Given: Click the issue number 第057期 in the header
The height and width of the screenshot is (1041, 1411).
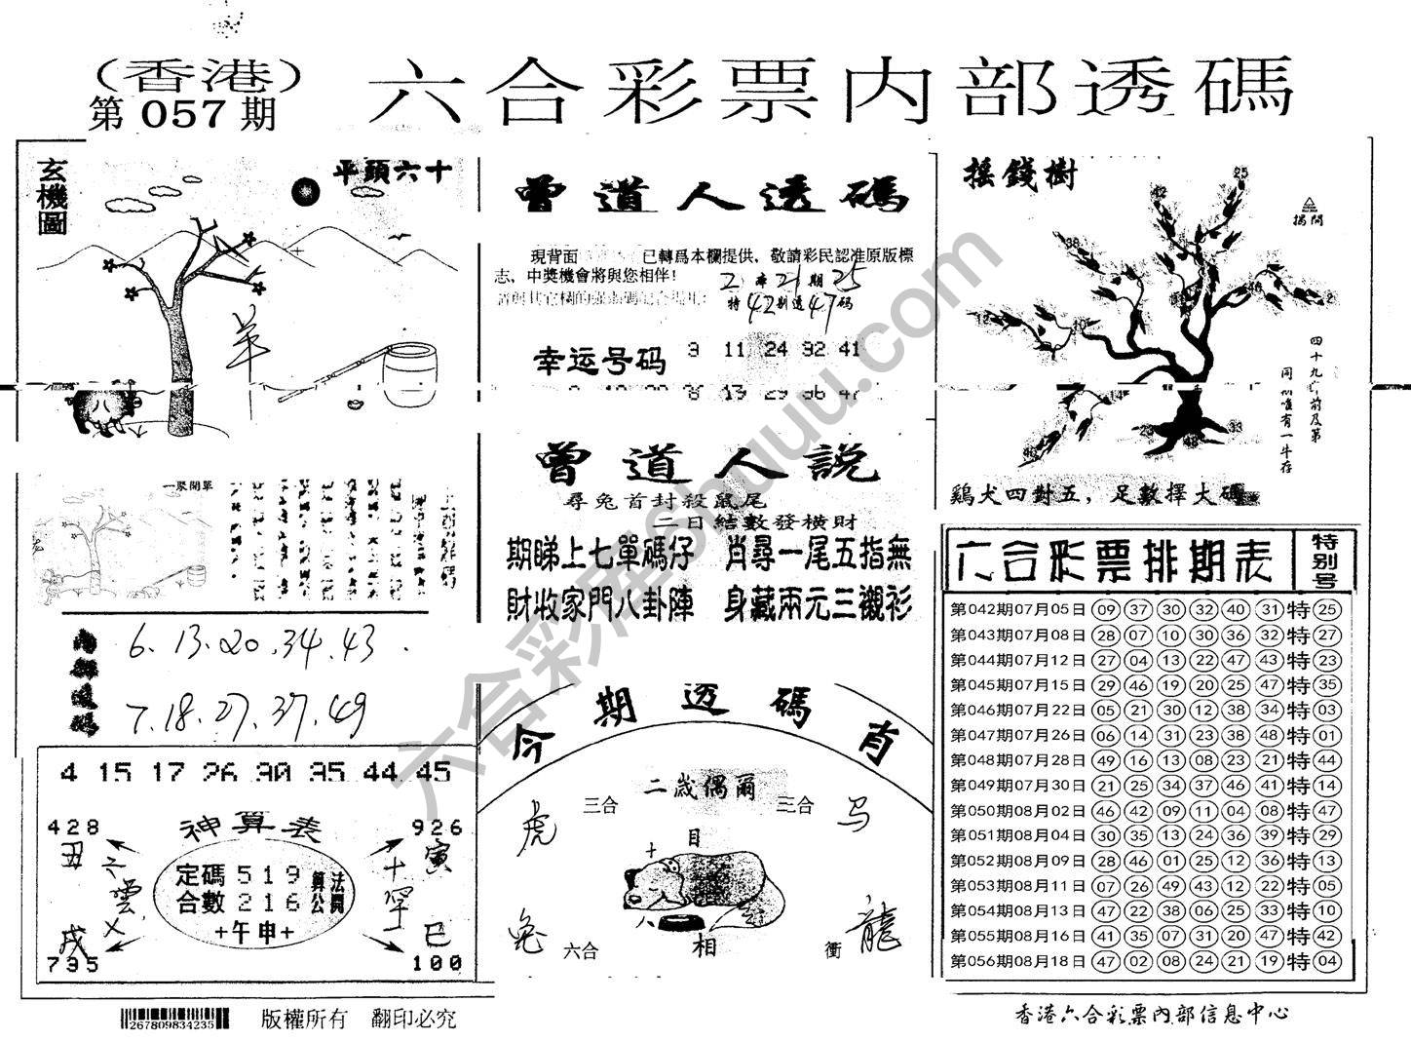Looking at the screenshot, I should click(x=182, y=115).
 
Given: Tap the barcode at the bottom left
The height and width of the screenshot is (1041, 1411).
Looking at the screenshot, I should click(x=176, y=1020).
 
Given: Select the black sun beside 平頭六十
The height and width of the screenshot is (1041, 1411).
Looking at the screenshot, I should click(x=307, y=191).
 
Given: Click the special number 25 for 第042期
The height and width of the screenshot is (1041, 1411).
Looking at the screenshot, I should click(x=1326, y=610).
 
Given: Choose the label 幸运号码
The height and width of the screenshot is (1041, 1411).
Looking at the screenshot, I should click(x=597, y=362).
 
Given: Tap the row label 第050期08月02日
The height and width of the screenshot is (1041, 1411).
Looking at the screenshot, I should click(x=1017, y=811).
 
